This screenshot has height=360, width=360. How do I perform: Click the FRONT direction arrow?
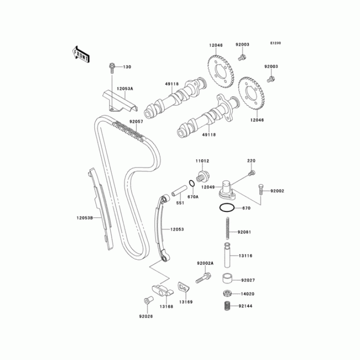(81, 54)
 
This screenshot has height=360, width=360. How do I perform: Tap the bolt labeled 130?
(112, 68)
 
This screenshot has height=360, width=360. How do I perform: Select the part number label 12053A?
(125, 89)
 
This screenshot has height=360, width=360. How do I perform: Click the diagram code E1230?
(275, 43)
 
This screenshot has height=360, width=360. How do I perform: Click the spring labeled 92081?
(228, 229)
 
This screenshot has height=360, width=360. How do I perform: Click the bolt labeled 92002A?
(203, 278)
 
